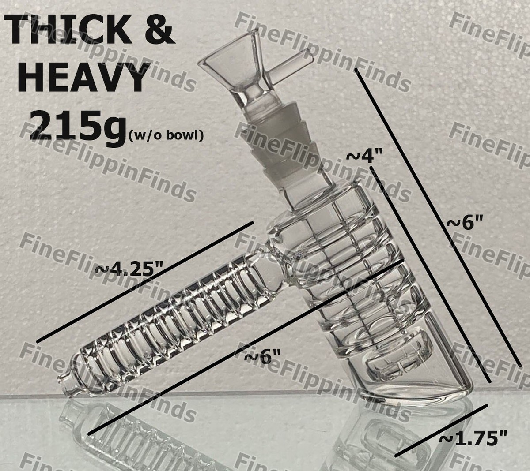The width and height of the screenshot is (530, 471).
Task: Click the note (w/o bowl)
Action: click(167, 135)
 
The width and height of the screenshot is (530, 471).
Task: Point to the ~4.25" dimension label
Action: click(130, 269)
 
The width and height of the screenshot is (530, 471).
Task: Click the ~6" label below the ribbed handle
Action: click(263, 357)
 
